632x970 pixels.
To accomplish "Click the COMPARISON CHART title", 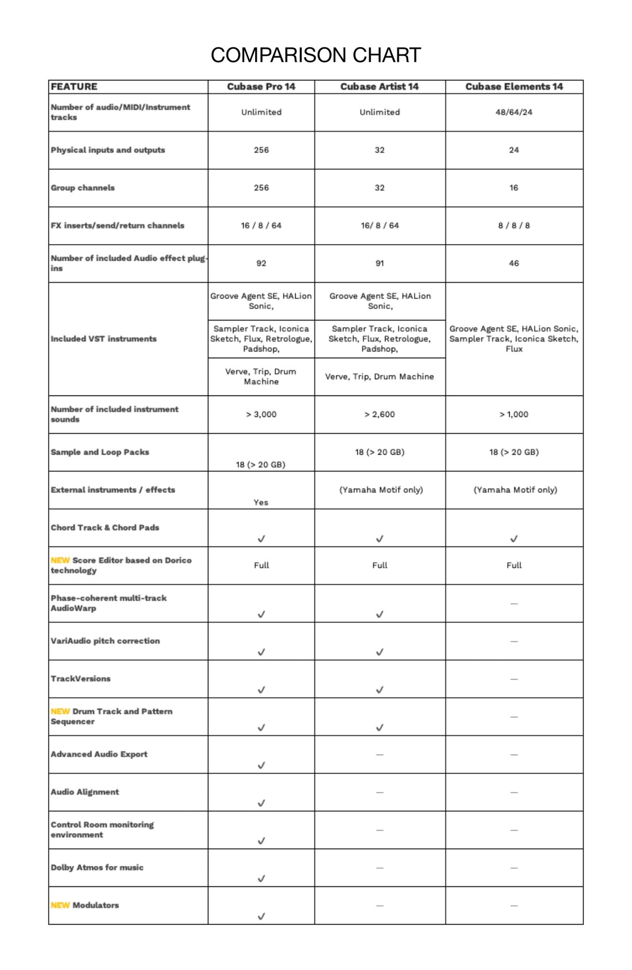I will point(315,55).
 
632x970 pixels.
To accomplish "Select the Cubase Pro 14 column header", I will point(261,87).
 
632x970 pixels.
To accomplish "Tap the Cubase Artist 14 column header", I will point(380,87).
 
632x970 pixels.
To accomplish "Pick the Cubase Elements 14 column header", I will point(514,87).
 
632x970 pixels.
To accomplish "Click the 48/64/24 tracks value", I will point(514,112).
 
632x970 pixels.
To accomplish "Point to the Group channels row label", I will point(83,188).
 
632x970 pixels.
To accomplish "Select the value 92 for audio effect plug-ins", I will point(261,263).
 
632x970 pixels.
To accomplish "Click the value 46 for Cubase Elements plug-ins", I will point(514,263).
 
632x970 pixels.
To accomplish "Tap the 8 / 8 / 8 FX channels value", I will point(514,226).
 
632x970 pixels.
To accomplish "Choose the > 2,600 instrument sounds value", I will point(380,414).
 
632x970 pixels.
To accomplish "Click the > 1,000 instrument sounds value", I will point(514,414).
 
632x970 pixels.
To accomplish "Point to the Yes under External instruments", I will point(261,502).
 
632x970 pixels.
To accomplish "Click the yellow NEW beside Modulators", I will point(60,905).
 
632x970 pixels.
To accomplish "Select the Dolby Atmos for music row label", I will point(97,867).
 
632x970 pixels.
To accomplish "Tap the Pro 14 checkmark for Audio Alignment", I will point(261,803).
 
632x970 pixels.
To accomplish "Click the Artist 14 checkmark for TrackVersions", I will point(380,690).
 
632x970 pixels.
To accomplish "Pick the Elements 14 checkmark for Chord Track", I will point(514,539).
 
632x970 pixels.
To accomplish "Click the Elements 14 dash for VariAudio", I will point(514,642).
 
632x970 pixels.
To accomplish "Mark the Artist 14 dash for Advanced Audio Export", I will point(380,755).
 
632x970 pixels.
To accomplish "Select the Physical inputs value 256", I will point(261,150).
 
